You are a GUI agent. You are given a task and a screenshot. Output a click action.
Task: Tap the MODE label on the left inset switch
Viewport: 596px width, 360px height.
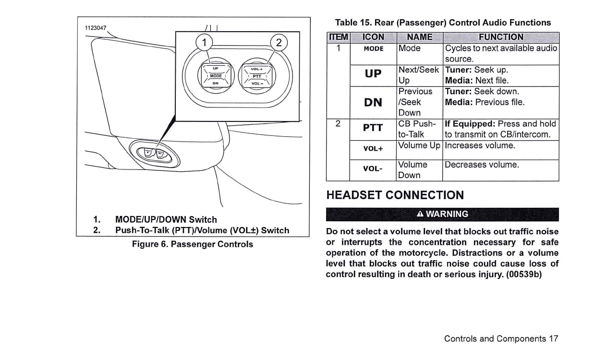pos(216,76)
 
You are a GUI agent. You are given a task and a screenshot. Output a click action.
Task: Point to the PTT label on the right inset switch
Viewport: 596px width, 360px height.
pos(257,76)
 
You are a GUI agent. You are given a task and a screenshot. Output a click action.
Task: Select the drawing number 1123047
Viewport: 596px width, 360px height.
pos(95,27)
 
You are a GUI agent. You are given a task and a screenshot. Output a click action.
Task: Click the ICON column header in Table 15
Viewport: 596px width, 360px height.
pos(373,37)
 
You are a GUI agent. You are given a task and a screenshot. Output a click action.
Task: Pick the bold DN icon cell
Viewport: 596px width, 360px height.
pos(373,101)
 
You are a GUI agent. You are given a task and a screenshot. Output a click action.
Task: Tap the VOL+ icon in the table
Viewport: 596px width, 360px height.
pos(373,149)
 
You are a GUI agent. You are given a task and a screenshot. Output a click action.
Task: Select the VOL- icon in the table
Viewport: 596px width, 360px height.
pos(373,169)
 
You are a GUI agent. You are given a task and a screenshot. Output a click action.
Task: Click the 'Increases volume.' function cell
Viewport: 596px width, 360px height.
pos(480,145)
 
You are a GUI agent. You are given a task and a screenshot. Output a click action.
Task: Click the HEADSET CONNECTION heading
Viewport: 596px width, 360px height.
pos(395,195)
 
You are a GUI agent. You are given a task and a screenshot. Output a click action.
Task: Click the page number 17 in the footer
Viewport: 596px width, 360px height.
pos(553,338)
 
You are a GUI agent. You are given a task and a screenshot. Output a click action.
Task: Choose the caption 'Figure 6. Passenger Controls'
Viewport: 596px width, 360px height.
pos(193,244)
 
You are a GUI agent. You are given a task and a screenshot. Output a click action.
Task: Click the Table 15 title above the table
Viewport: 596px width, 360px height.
pos(443,23)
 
